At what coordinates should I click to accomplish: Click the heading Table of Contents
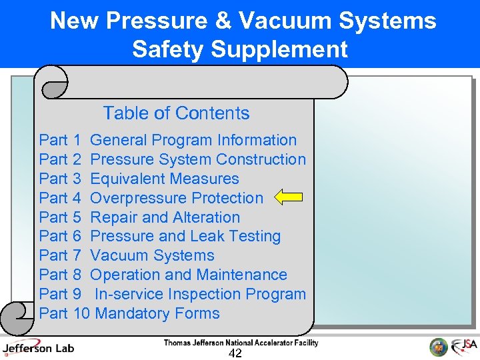click(x=176, y=113)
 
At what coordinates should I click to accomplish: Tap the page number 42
click(x=235, y=353)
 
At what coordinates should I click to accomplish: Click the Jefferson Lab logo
click(x=38, y=348)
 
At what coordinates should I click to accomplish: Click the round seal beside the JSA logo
click(x=438, y=347)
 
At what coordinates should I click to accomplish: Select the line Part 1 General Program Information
click(x=167, y=140)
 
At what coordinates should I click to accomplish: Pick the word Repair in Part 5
click(x=113, y=217)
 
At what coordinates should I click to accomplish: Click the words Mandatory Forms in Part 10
click(x=157, y=313)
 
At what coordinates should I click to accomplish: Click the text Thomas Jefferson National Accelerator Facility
click(x=241, y=343)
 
